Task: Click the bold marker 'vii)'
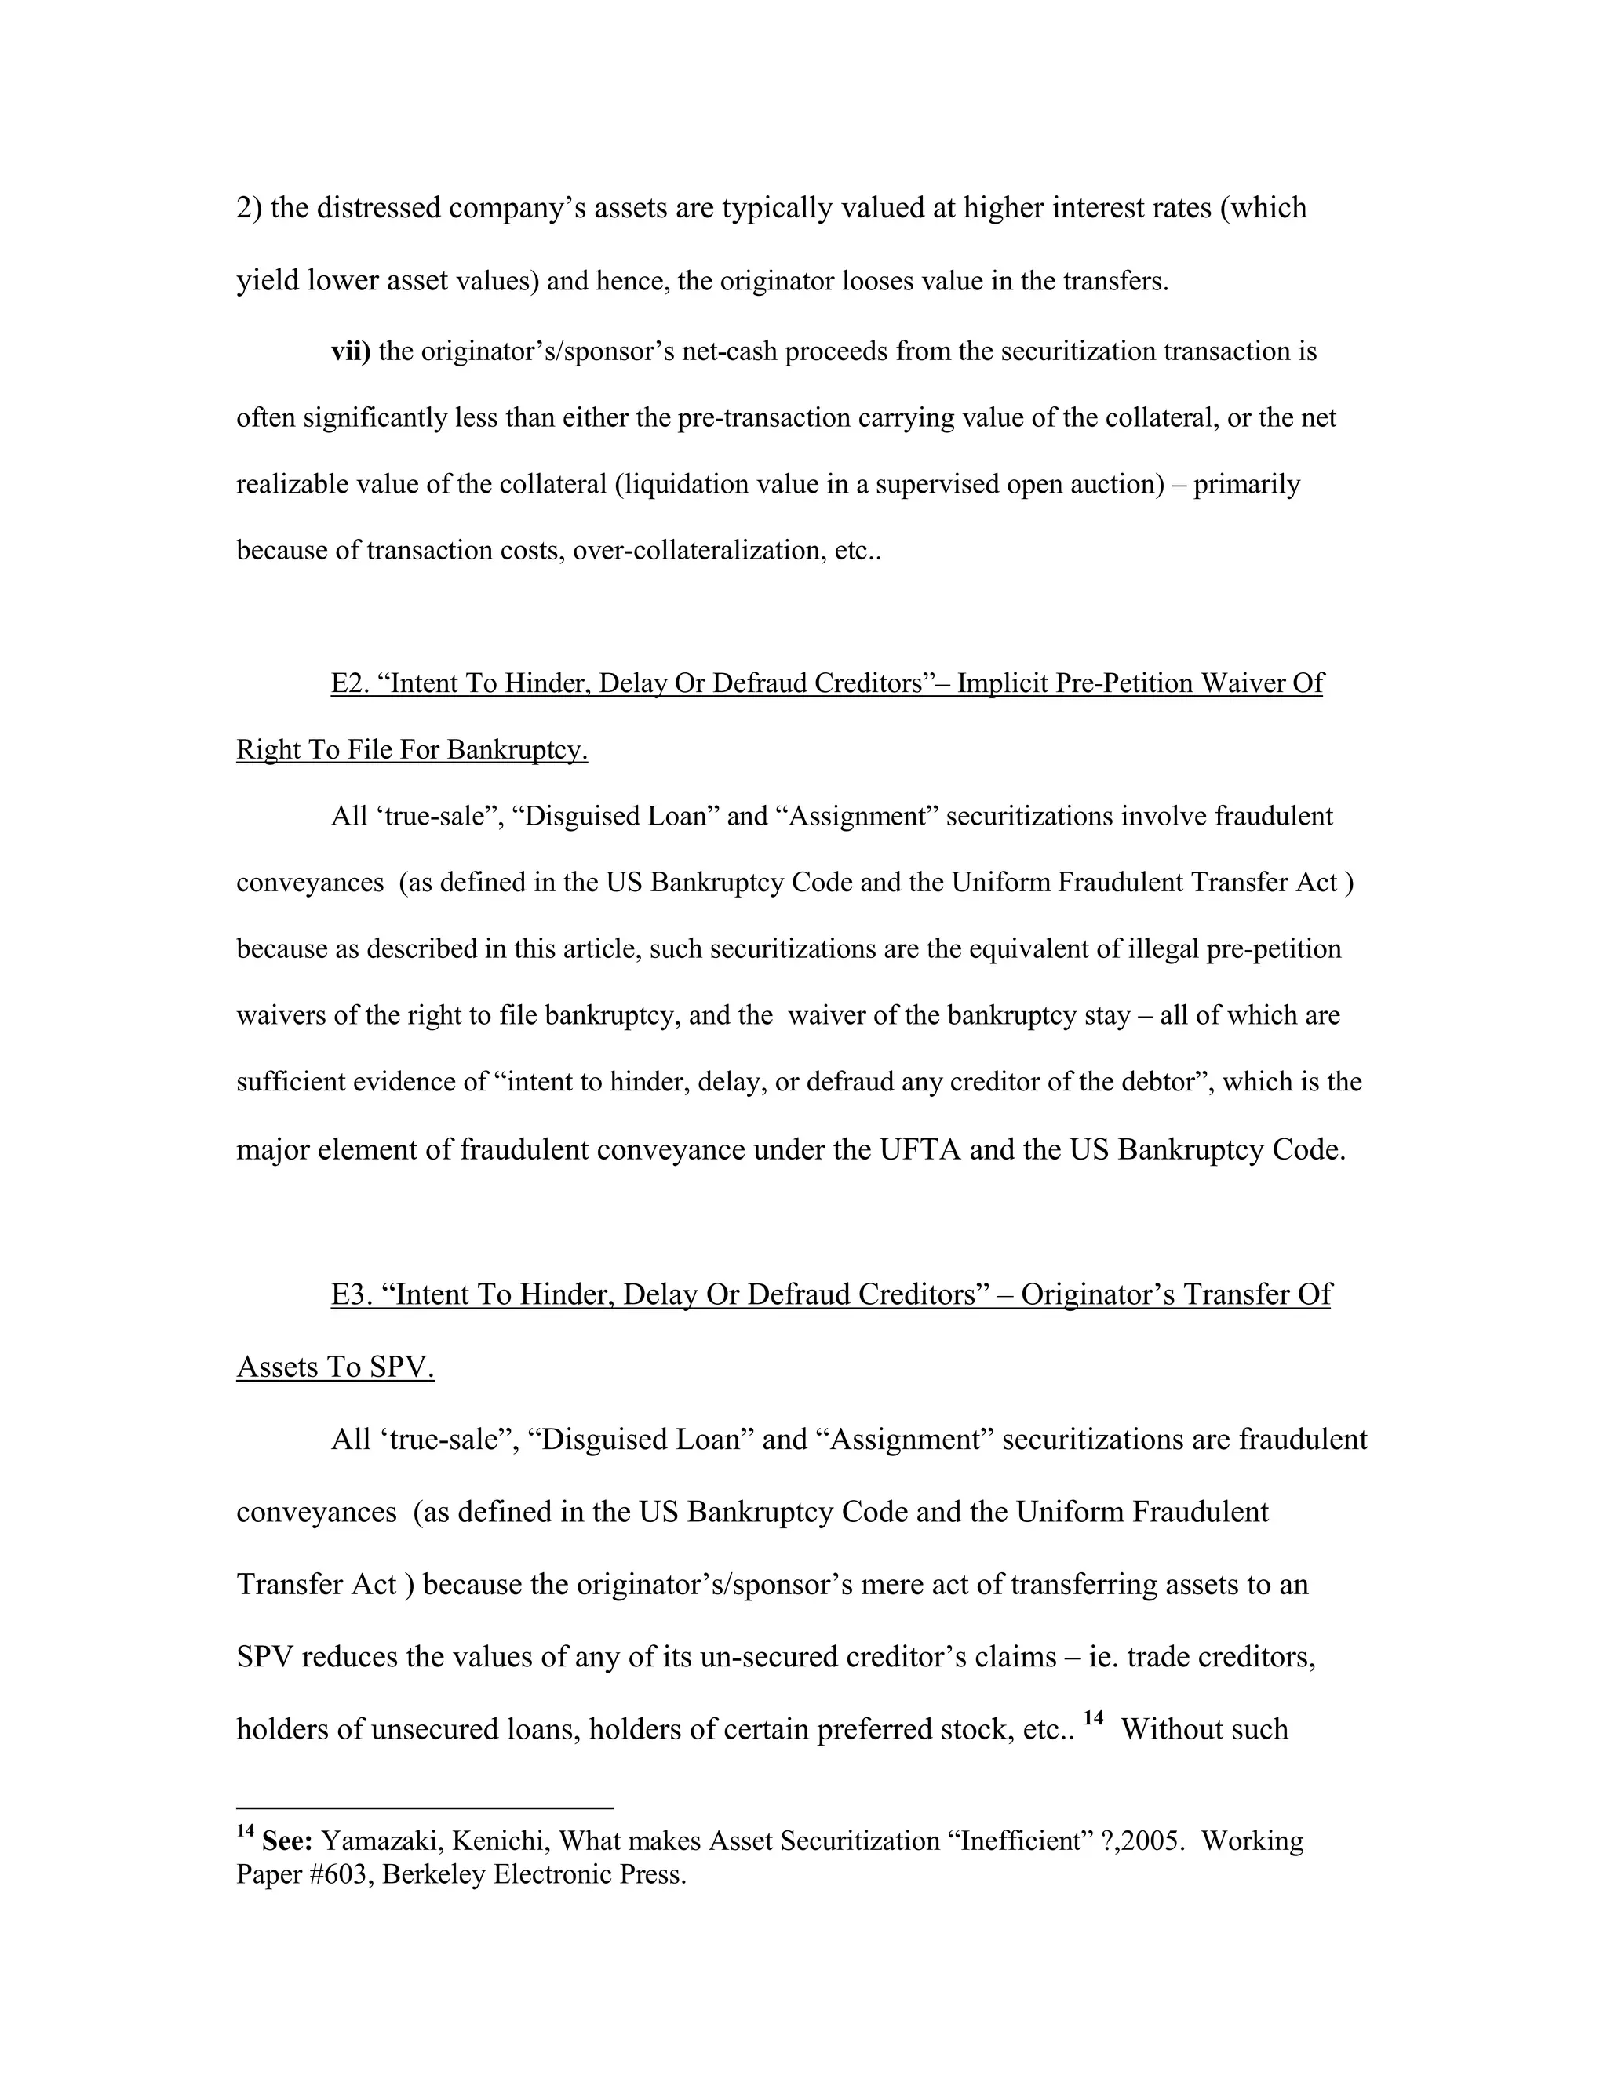point(350,351)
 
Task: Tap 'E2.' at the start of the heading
point(349,683)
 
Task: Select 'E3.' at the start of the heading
point(352,1294)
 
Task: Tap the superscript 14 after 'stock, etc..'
point(1093,1717)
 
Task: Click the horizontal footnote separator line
point(425,1807)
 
